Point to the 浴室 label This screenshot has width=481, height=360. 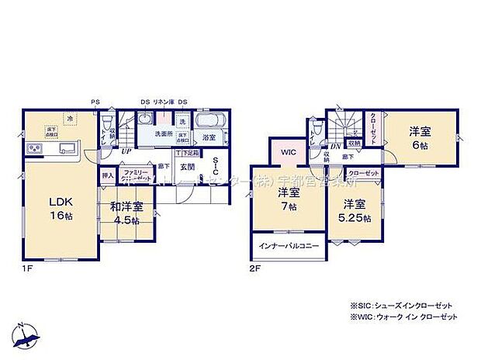click(209, 137)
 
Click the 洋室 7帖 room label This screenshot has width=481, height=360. click(289, 199)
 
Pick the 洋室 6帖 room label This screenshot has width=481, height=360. click(420, 137)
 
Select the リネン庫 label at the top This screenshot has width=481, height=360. click(161, 101)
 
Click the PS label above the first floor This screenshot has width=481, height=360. click(95, 101)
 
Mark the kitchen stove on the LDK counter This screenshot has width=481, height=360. click(36, 148)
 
